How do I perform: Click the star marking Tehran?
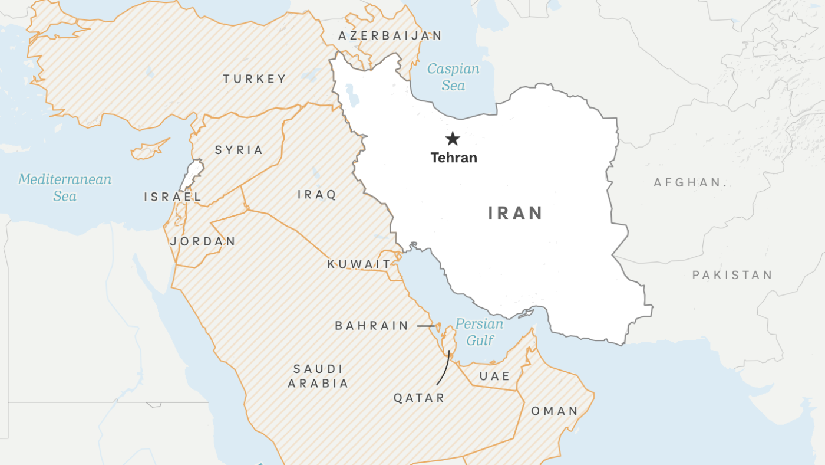(x=453, y=139)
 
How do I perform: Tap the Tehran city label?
(x=454, y=158)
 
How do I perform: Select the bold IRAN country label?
(x=516, y=213)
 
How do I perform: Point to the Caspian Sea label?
(x=453, y=77)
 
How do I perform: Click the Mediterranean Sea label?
(x=65, y=188)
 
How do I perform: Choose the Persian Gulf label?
(x=480, y=332)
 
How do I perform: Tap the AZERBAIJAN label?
(x=390, y=36)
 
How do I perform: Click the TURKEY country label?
(x=255, y=79)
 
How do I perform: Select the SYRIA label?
(x=239, y=150)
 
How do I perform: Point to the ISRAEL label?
(x=173, y=197)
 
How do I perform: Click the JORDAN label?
(x=203, y=241)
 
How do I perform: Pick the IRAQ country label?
(x=317, y=195)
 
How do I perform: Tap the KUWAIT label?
(x=359, y=264)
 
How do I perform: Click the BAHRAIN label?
(x=372, y=326)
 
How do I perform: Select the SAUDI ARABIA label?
(x=318, y=376)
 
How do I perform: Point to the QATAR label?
(x=420, y=398)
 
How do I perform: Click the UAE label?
(x=494, y=376)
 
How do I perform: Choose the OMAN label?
(x=555, y=411)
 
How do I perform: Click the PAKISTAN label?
(x=732, y=275)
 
